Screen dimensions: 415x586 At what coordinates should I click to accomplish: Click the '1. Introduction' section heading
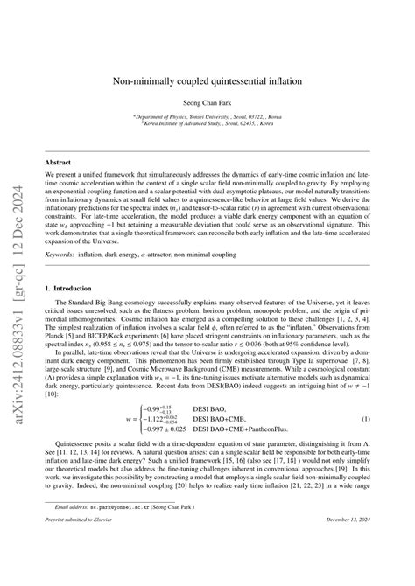tap(68, 262)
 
